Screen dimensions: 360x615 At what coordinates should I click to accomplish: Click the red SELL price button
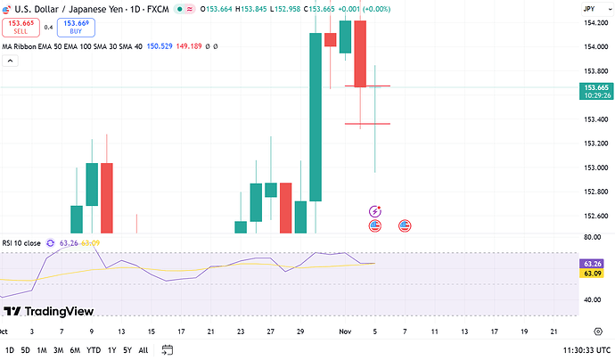click(20, 27)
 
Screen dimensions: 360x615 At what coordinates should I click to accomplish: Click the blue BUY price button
click(76, 27)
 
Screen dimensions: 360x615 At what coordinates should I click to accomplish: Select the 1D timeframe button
click(10, 350)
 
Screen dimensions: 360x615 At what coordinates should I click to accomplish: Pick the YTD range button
click(94, 350)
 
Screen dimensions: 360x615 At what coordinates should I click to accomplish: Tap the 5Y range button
click(127, 350)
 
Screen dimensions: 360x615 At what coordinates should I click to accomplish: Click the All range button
click(143, 350)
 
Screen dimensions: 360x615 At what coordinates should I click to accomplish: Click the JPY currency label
click(588, 8)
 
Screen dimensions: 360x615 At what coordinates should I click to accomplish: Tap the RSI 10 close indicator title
click(20, 242)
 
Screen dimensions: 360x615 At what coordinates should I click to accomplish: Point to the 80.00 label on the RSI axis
click(591, 238)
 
